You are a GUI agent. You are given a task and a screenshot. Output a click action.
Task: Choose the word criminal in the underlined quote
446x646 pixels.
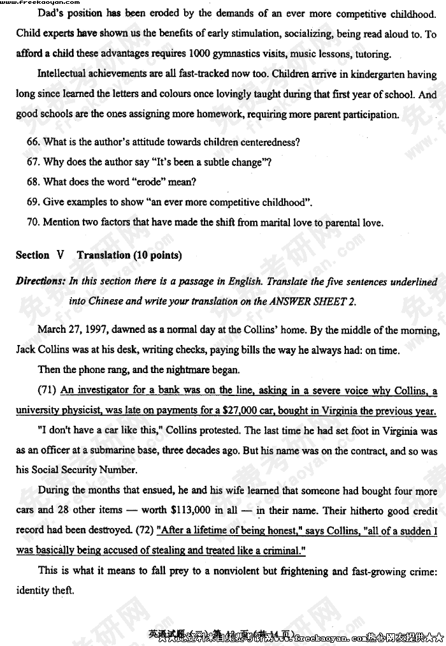pyautogui.click(x=276, y=550)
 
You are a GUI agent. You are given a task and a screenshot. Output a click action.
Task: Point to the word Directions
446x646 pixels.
pyautogui.click(x=40, y=281)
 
